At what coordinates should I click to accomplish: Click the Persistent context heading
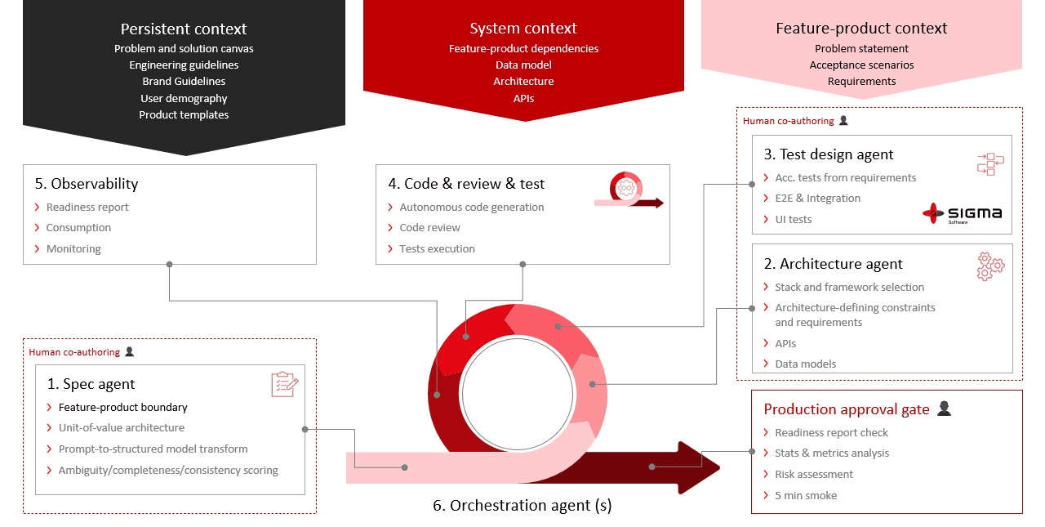(x=184, y=29)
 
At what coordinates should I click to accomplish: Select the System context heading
(x=523, y=29)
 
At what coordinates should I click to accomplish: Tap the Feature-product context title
(x=861, y=29)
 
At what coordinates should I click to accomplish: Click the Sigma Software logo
(x=962, y=214)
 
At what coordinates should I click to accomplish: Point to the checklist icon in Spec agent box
(x=284, y=384)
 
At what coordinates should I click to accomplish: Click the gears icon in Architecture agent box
(x=990, y=266)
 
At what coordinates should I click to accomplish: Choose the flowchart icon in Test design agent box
(x=989, y=164)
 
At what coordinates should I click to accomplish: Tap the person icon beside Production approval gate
(x=944, y=409)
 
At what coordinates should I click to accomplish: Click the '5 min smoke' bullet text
(x=806, y=495)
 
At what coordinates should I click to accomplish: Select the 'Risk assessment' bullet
(x=814, y=474)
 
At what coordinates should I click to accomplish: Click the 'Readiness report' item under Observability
(x=87, y=208)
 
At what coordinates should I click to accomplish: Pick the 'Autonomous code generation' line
(x=472, y=208)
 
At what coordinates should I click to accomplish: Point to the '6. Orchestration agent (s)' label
(x=522, y=505)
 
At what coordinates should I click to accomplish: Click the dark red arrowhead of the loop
(x=698, y=467)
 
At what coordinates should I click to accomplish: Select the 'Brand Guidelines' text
(x=184, y=82)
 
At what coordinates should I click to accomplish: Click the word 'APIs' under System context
(x=523, y=99)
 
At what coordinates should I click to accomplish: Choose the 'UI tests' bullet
(x=794, y=219)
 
